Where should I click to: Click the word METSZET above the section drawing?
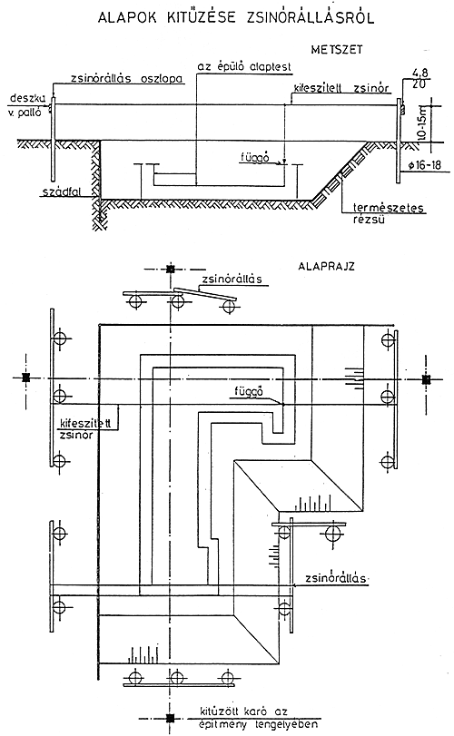(336, 49)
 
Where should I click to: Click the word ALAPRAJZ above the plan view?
(326, 267)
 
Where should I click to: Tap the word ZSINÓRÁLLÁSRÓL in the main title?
(311, 17)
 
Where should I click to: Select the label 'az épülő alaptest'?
(244, 66)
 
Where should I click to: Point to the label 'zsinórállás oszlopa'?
(126, 78)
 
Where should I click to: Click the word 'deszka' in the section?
(27, 98)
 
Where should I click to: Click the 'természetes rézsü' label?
(388, 213)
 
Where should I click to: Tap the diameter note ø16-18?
(424, 165)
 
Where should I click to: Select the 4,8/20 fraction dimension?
(420, 79)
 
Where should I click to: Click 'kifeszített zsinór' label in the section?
(340, 88)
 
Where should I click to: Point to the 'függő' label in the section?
(254, 158)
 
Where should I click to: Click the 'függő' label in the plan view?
(249, 391)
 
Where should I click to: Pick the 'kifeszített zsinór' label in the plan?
(85, 428)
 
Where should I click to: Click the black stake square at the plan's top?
(171, 269)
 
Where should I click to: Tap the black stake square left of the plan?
(25, 377)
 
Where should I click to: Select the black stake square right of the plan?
(426, 379)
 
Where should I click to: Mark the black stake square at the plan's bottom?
(170, 718)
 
